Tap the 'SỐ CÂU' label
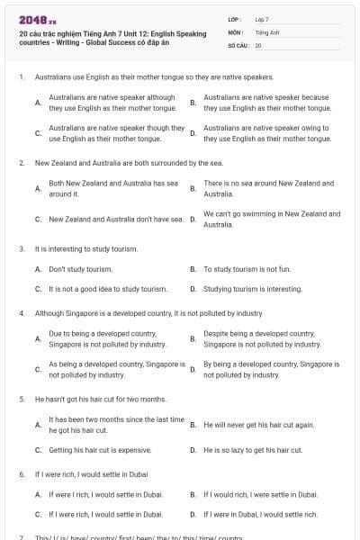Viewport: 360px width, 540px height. tap(239, 45)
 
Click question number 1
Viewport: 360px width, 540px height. tap(21, 77)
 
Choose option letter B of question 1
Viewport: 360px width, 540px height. tap(193, 103)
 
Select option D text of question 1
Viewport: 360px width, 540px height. tap(266, 134)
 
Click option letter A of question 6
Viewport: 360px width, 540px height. tap(38, 494)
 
